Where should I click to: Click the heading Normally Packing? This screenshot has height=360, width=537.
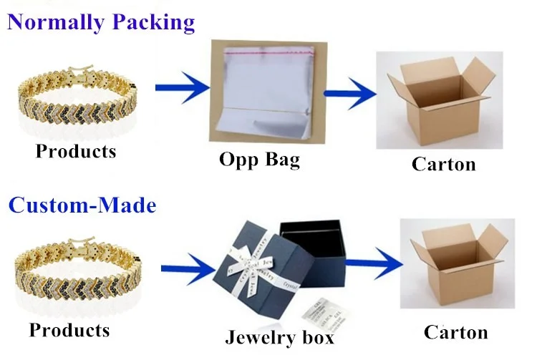101,21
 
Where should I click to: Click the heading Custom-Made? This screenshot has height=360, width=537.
82,206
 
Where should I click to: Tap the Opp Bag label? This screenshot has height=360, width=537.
259,159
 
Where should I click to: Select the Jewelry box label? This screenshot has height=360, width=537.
279,336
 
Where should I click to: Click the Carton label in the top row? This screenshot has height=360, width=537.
443,164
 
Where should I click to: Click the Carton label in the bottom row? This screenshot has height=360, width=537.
455,332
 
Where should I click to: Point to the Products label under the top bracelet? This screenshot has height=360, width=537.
75,151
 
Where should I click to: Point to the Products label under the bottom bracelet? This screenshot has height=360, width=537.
69,330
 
